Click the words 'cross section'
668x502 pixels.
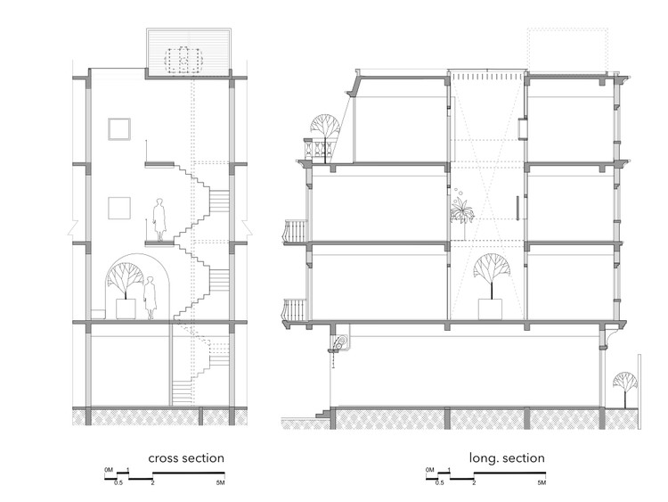(x=186, y=458)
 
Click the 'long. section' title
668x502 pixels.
(x=507, y=458)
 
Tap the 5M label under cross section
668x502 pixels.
(x=220, y=482)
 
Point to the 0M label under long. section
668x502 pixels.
(x=429, y=470)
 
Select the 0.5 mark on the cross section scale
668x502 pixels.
(x=118, y=482)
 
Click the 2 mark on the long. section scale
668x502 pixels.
(x=474, y=482)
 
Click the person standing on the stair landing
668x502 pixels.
(x=159, y=219)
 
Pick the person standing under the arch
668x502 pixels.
(x=150, y=298)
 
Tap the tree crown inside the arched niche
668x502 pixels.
(x=126, y=276)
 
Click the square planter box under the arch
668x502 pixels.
(x=126, y=309)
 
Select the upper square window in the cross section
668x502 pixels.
(x=118, y=129)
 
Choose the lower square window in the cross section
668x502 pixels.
(x=118, y=208)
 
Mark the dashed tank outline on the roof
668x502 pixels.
(x=183, y=61)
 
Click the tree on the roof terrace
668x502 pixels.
(x=325, y=132)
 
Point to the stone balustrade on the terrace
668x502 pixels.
(x=321, y=150)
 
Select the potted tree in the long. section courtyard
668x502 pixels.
(x=491, y=285)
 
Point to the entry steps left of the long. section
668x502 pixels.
(x=323, y=413)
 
